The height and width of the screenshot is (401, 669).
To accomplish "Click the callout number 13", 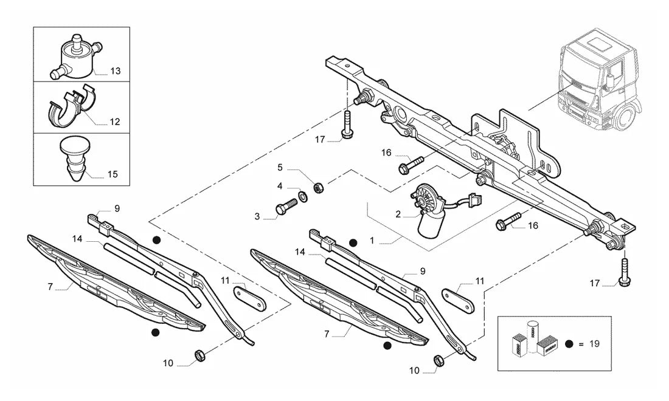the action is pyautogui.click(x=115, y=70).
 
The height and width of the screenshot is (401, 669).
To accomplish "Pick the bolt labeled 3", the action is pyautogui.click(x=287, y=207).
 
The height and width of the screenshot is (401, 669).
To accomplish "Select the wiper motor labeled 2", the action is pyautogui.click(x=429, y=211).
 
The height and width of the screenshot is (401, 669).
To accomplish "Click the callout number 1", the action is pyautogui.click(x=372, y=241).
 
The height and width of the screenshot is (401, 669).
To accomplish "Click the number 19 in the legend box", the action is pyautogui.click(x=594, y=343).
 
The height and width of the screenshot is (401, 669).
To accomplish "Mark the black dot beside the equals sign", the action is pyautogui.click(x=568, y=344).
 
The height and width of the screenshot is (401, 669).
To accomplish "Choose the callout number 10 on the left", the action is pyautogui.click(x=168, y=363).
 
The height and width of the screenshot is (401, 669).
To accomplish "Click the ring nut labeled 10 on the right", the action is pyautogui.click(x=438, y=360).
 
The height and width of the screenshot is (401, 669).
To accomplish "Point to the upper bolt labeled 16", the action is pyautogui.click(x=411, y=165).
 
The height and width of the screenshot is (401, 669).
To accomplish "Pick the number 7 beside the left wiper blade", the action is pyautogui.click(x=50, y=287).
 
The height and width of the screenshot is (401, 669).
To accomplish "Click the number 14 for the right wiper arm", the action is pyautogui.click(x=300, y=252).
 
